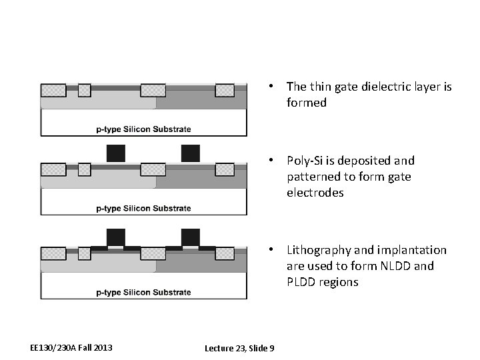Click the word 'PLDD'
[x=302, y=282]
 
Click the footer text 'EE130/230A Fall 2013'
[x=71, y=347]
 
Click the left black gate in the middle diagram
[x=116, y=153]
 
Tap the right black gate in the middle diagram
[x=191, y=153]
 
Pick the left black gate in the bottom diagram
[x=116, y=237]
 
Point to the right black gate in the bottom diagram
[x=191, y=237]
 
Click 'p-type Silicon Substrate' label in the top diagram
[x=144, y=129]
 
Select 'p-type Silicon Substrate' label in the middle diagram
[x=144, y=208]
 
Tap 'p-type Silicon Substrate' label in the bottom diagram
[x=144, y=292]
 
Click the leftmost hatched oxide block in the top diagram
[x=53, y=90]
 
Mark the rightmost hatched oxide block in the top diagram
[x=225, y=90]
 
